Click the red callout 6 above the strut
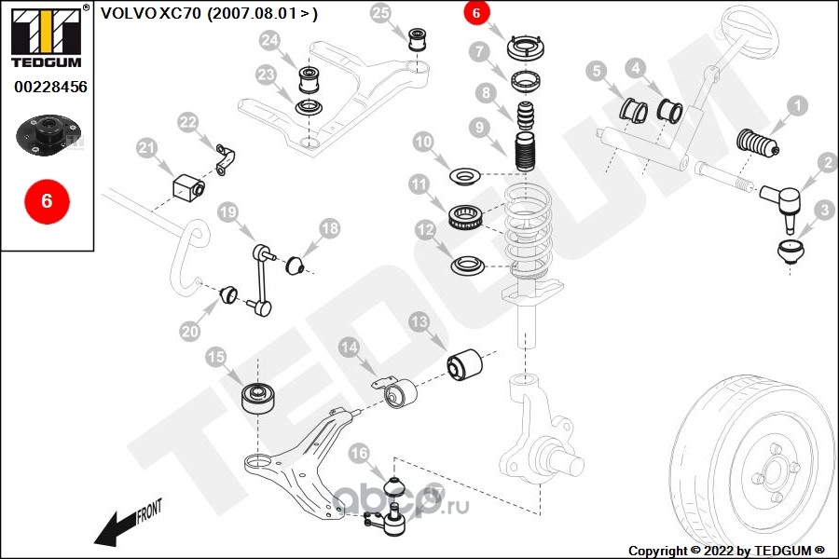pos(476,12)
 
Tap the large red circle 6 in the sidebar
pos(48,201)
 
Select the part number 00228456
pos(50,87)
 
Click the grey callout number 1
pos(797,105)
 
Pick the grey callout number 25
pos(380,12)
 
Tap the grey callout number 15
pos(216,357)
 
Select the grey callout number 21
pos(146,148)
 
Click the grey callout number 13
pos(419,322)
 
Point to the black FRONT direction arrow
pos(115,528)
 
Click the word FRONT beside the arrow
pos(149,511)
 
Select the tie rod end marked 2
pos(778,203)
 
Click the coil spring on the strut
pos(529,230)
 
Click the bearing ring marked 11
pos(465,218)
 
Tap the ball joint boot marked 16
pos(394,486)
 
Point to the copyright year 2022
pos(719,551)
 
